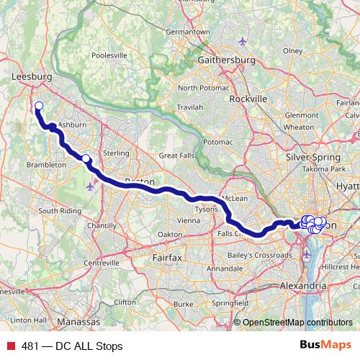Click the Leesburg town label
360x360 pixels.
(30, 74)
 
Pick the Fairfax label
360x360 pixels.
(169, 256)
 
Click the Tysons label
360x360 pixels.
(207, 209)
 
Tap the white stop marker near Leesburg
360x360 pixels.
(38, 107)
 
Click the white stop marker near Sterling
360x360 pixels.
(86, 159)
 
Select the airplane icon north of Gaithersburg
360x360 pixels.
(243, 40)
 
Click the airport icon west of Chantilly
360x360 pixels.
(90, 186)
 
